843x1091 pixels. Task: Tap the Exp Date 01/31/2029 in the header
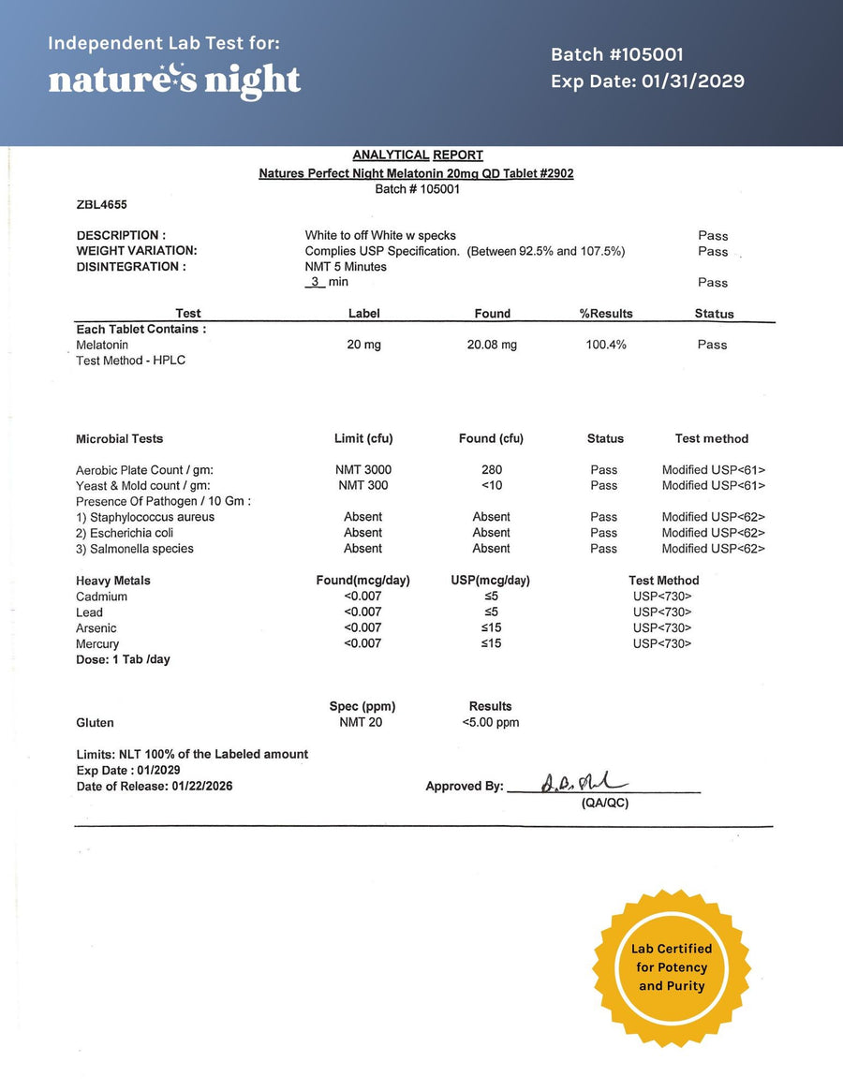[647, 81]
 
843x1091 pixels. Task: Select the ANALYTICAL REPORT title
[418, 155]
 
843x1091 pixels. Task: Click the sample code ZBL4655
[101, 204]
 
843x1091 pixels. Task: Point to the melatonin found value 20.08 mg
[492, 345]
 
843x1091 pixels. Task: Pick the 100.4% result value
[606, 345]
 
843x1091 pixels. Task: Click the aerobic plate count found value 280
[492, 470]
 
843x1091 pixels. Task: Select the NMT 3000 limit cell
[363, 470]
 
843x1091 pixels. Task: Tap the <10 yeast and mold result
[492, 486]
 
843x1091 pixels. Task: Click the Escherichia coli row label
[125, 533]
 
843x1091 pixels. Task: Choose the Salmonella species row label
[135, 549]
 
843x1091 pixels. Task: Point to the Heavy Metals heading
[113, 581]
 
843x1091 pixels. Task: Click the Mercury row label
[97, 644]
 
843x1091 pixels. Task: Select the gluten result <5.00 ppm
[491, 723]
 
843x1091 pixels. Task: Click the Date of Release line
[155, 787]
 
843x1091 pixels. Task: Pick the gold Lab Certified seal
[672, 967]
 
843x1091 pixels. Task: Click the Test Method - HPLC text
[130, 361]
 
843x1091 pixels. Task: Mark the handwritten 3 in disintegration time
[316, 282]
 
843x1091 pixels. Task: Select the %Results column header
[606, 314]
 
